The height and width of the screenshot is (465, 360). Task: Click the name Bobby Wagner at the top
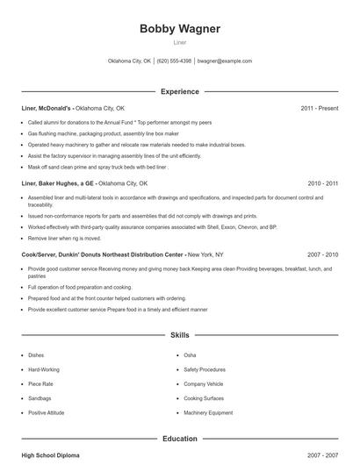tap(180, 29)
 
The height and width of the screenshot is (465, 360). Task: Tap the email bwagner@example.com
tap(225, 61)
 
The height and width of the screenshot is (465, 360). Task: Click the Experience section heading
tap(180, 91)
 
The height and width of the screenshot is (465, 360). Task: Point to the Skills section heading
tap(180, 334)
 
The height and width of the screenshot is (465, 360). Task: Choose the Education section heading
tap(180, 438)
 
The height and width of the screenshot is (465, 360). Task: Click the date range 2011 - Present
tap(319, 108)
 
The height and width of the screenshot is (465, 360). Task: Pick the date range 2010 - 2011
tap(323, 183)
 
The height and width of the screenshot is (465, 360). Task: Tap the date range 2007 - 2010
tap(323, 254)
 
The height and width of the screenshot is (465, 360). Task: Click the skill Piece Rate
tap(41, 383)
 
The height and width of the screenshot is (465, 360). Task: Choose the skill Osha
tap(190, 354)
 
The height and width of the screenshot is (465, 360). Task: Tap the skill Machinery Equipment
tap(208, 412)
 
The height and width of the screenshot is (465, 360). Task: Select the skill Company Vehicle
tap(204, 383)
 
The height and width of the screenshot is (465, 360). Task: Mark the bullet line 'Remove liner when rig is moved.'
tap(64, 238)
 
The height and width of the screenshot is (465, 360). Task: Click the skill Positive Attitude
tap(47, 412)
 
